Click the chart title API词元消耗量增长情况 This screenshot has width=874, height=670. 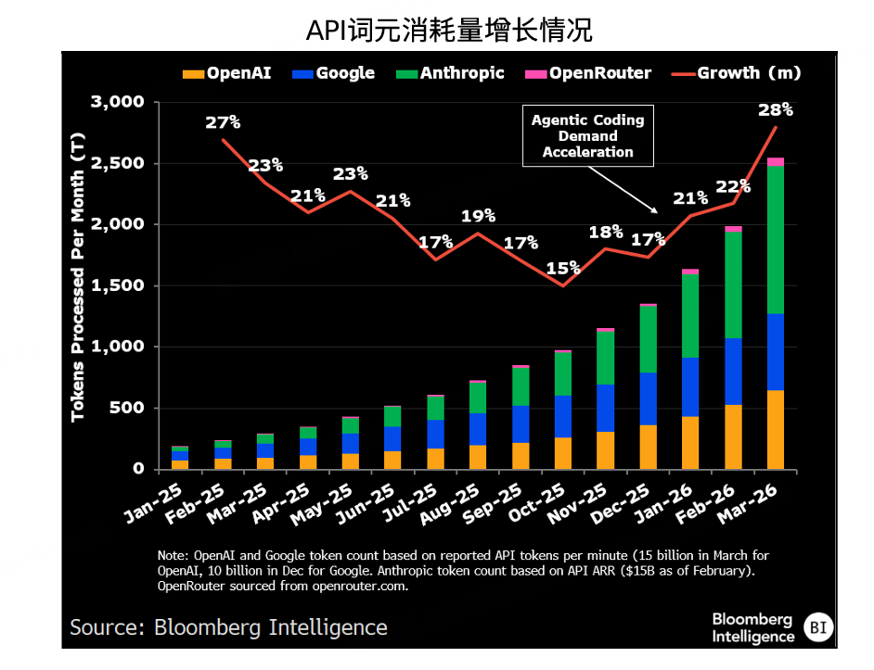(449, 31)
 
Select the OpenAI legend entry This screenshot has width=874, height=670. (228, 73)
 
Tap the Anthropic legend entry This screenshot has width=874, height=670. (450, 73)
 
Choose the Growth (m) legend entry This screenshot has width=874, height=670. (738, 73)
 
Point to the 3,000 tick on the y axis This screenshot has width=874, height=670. (118, 102)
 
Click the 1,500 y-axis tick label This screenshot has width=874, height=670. (118, 285)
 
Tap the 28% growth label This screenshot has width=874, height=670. (776, 109)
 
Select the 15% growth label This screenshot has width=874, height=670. (562, 268)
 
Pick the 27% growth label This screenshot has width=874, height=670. (223, 122)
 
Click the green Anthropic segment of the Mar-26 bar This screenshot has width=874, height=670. (776, 240)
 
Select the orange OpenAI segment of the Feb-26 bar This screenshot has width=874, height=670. (733, 436)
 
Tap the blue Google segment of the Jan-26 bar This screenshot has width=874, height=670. (690, 386)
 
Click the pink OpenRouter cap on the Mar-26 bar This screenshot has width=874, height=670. (776, 162)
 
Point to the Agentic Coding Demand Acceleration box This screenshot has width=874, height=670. (587, 136)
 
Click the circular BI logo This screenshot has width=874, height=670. (817, 627)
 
